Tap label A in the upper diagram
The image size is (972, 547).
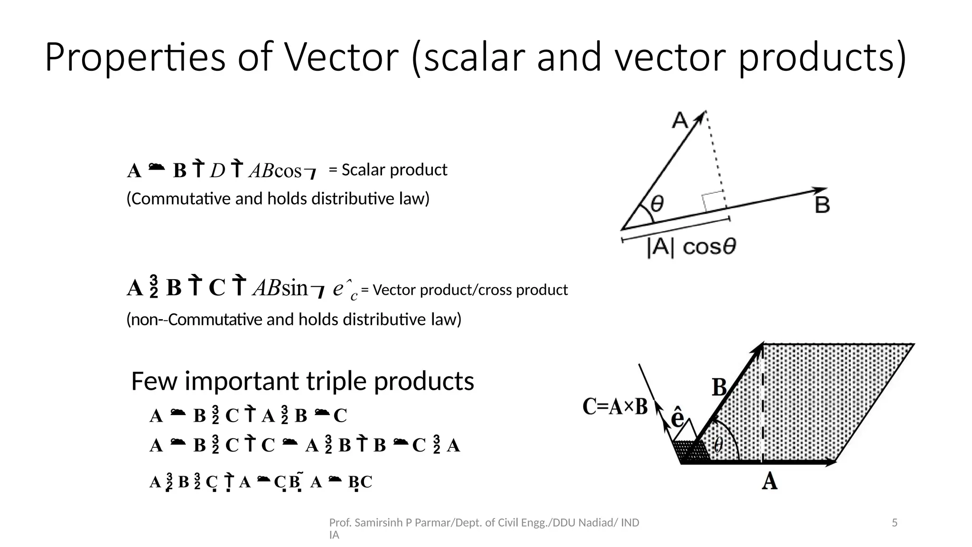pyautogui.click(x=680, y=121)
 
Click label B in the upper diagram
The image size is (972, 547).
pyautogui.click(x=822, y=206)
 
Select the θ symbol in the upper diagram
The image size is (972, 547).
pyautogui.click(x=657, y=205)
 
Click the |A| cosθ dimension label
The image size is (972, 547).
pyautogui.click(x=691, y=247)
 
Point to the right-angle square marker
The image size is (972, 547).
pyautogui.click(x=713, y=202)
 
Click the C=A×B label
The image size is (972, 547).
pyautogui.click(x=615, y=407)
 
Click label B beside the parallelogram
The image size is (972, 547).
pyautogui.click(x=720, y=387)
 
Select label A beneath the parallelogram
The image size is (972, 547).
pyautogui.click(x=769, y=481)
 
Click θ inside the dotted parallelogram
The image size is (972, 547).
pyautogui.click(x=718, y=445)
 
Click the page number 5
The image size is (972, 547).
pyautogui.click(x=895, y=523)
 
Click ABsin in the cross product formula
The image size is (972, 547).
pyautogui.click(x=280, y=288)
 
